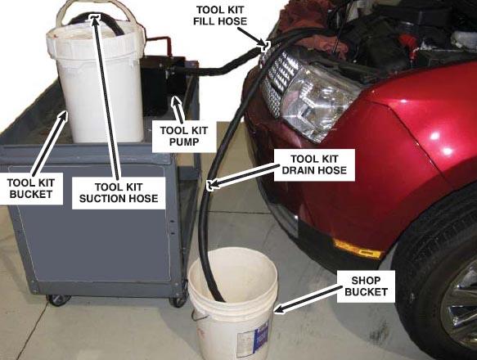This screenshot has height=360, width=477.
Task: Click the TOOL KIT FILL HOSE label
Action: coord(220,16)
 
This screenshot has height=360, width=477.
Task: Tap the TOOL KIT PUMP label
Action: coord(184,136)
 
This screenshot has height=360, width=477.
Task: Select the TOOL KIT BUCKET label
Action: coord(31,188)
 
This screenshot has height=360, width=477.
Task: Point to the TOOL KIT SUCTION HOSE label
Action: coord(119,192)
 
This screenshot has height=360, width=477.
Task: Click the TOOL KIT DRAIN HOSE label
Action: coord(314,164)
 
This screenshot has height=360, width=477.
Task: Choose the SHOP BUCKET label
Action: coord(366,286)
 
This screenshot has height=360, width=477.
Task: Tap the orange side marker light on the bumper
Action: coord(357,249)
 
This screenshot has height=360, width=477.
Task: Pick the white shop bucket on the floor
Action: coord(233,301)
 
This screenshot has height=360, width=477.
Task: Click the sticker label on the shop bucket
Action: coord(254,338)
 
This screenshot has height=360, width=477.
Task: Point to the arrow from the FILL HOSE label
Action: coord(253,37)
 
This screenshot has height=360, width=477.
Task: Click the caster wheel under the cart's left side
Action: coord(57,299)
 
